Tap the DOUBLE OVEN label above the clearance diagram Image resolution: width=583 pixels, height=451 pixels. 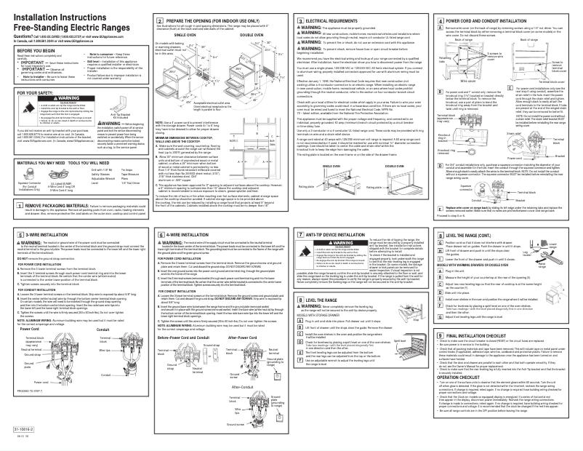tap(250, 35)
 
